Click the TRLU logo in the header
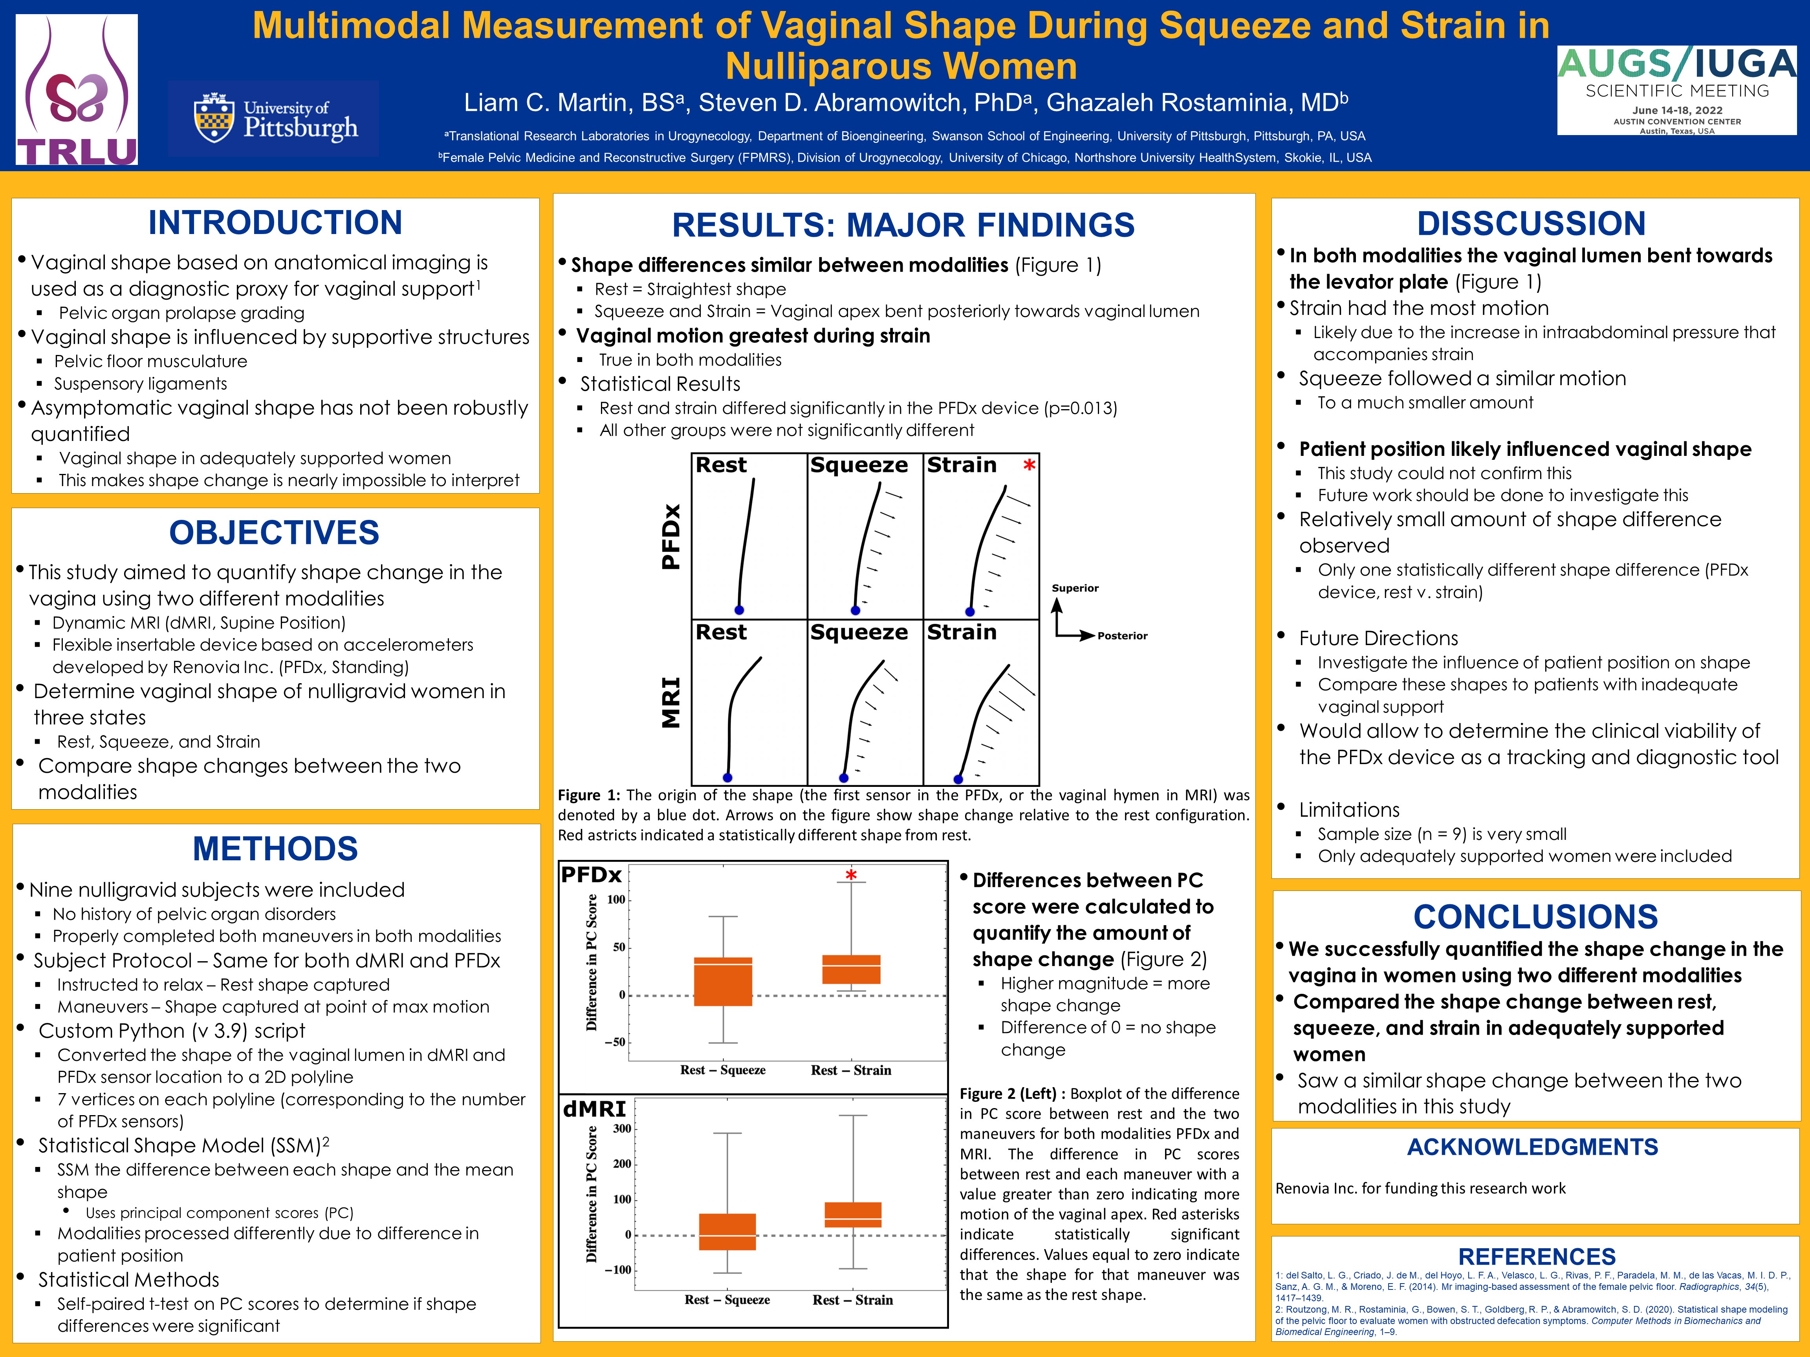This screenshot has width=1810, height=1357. (77, 90)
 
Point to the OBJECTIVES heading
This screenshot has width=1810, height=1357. (274, 532)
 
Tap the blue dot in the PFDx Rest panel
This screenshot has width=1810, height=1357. (739, 610)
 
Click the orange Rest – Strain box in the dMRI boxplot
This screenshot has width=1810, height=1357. (853, 1214)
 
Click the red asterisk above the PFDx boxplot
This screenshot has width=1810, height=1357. (851, 876)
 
